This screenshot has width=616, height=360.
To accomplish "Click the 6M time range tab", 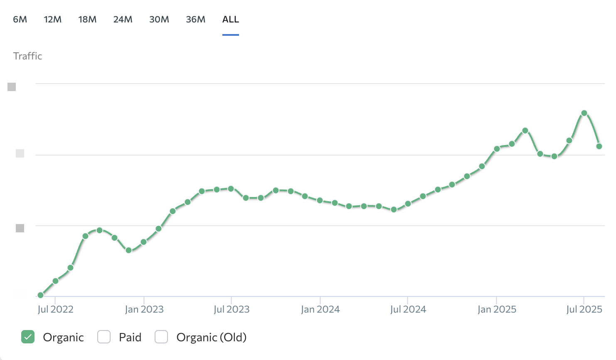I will point(20,20).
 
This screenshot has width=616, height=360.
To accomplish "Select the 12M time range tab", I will point(53,20).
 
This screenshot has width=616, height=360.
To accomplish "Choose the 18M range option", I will point(87,20).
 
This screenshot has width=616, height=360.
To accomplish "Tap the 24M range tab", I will point(123,20).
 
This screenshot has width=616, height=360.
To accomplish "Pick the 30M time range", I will point(159,20).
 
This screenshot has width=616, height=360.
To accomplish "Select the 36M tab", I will point(195,20).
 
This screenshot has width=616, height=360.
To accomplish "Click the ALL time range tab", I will point(231,20).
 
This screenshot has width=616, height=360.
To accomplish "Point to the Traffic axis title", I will point(27,56).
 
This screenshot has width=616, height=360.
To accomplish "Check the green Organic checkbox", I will point(28,337).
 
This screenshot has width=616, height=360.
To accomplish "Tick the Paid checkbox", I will point(104,337).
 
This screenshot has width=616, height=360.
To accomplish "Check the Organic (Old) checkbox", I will point(161,337).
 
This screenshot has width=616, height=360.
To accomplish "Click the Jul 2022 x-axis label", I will point(55,309).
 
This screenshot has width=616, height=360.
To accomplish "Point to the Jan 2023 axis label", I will point(144,309).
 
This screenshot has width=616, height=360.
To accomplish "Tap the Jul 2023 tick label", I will point(232,309).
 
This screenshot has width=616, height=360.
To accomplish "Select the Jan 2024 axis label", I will point(320,309).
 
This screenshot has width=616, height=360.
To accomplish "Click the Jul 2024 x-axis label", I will point(408,309).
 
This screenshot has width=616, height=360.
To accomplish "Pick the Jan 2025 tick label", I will point(497,309).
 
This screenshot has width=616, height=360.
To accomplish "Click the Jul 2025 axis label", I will point(584,309).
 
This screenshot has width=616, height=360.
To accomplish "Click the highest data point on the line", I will point(584,113).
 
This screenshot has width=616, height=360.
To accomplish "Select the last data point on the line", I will point(599,146).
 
